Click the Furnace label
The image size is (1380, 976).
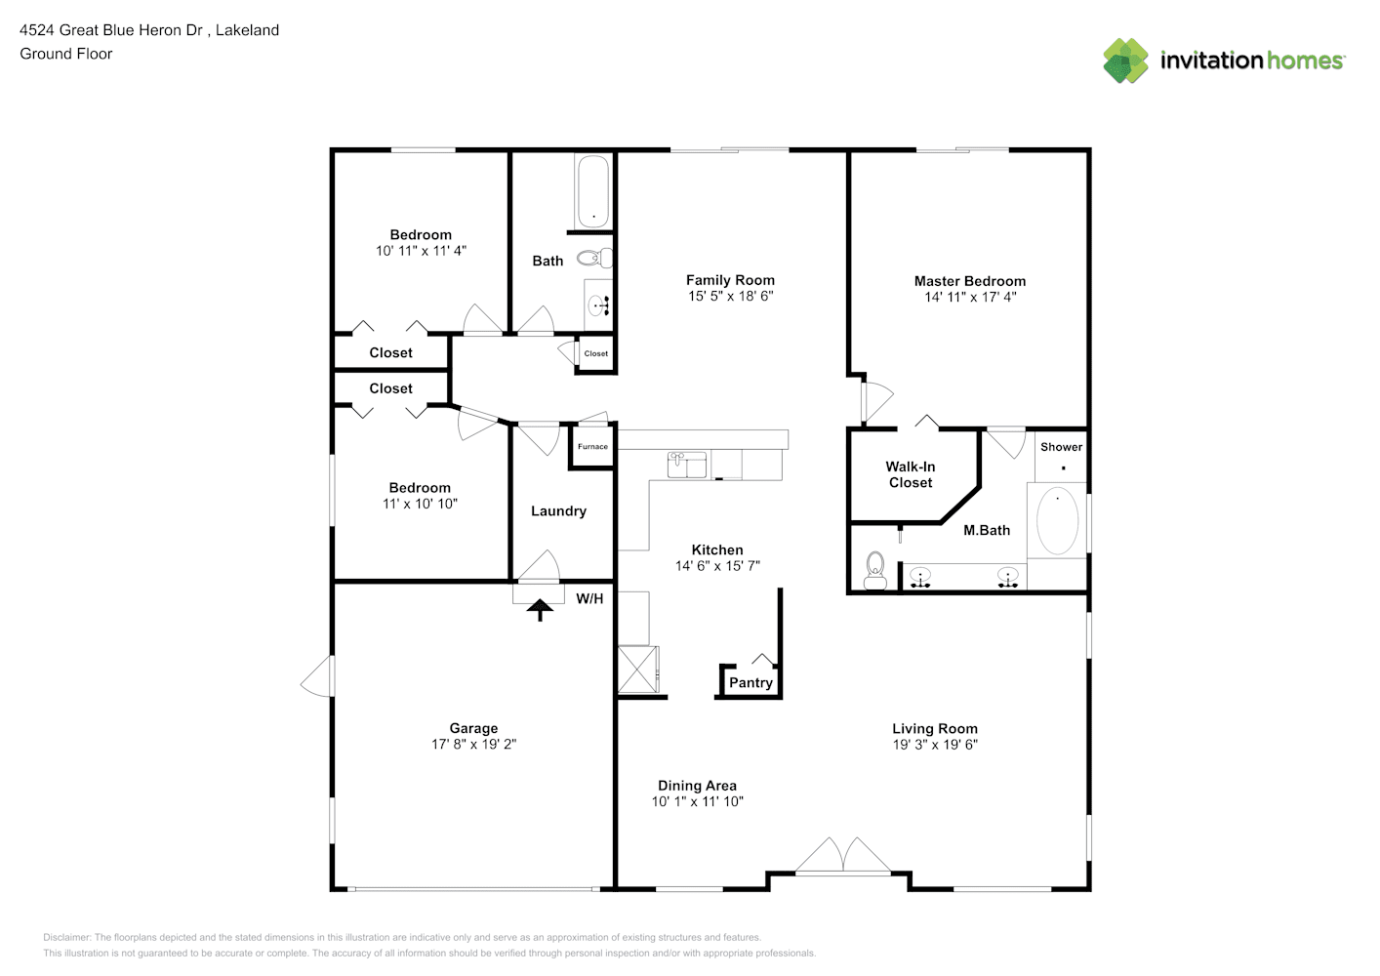click(x=592, y=447)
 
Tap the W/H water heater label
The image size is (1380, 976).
click(x=589, y=599)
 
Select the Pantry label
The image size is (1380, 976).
click(x=751, y=682)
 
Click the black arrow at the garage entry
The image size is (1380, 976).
click(x=540, y=609)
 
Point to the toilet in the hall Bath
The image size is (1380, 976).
click(x=594, y=258)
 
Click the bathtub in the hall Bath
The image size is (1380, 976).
click(x=593, y=191)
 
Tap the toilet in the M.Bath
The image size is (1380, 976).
click(x=874, y=571)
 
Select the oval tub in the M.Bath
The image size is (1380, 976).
click(x=1057, y=520)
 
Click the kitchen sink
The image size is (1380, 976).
click(x=687, y=465)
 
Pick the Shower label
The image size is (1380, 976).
click(x=1061, y=447)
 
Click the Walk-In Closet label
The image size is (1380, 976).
click(x=910, y=474)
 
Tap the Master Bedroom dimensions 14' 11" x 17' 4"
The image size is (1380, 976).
click(x=970, y=297)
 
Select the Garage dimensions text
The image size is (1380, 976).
click(x=473, y=745)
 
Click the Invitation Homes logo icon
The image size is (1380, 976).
click(x=1125, y=61)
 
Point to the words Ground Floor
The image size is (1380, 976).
click(x=66, y=54)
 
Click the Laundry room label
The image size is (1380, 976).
click(x=558, y=511)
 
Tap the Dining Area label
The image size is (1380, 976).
click(x=697, y=786)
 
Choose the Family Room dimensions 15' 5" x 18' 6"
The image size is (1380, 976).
click(x=730, y=297)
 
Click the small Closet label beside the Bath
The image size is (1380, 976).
click(x=595, y=353)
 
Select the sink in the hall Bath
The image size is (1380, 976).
click(x=597, y=305)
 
